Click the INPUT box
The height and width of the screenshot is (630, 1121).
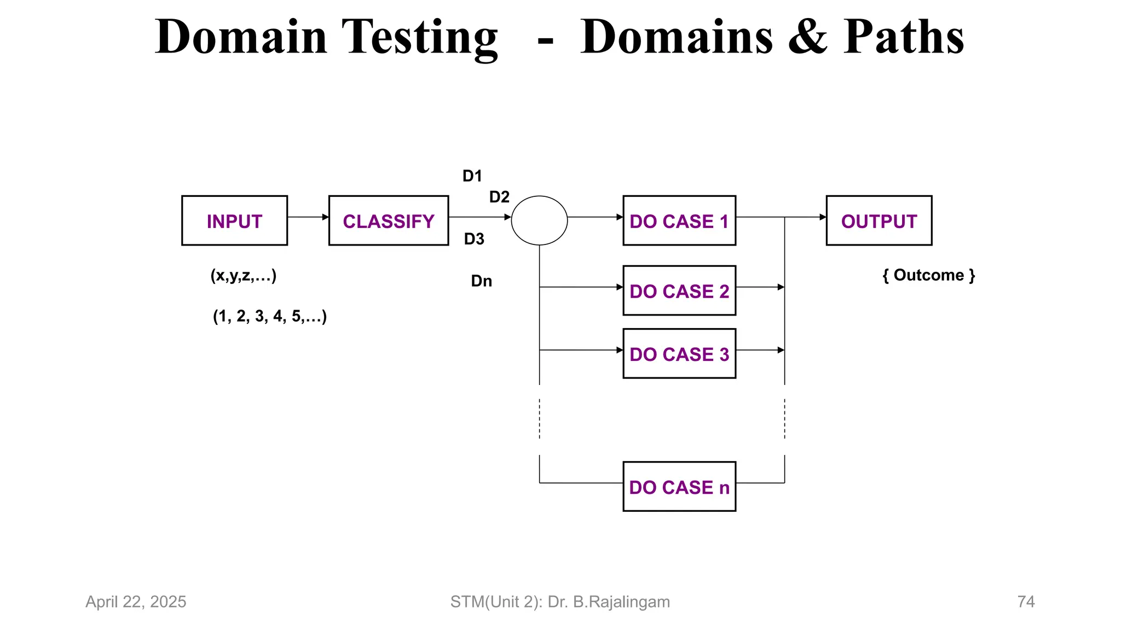234,220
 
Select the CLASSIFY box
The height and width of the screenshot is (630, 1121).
389,220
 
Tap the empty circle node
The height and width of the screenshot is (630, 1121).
539,220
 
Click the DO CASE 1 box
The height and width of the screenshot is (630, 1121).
679,220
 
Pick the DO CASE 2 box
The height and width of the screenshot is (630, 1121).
679,290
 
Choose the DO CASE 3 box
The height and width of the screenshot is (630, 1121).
679,353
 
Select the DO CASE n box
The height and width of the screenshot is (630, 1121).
679,486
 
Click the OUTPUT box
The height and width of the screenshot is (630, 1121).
879,220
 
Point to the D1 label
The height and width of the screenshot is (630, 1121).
472,176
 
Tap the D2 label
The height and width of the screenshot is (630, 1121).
499,197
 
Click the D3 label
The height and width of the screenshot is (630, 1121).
474,239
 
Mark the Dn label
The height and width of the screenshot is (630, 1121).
482,281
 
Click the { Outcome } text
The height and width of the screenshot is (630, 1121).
929,275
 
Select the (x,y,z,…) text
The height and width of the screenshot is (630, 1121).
244,276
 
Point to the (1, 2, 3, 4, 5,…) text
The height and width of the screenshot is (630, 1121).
270,316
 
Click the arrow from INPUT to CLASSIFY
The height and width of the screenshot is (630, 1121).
308,217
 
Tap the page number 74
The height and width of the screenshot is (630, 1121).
1026,602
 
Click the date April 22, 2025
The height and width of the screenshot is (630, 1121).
136,602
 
